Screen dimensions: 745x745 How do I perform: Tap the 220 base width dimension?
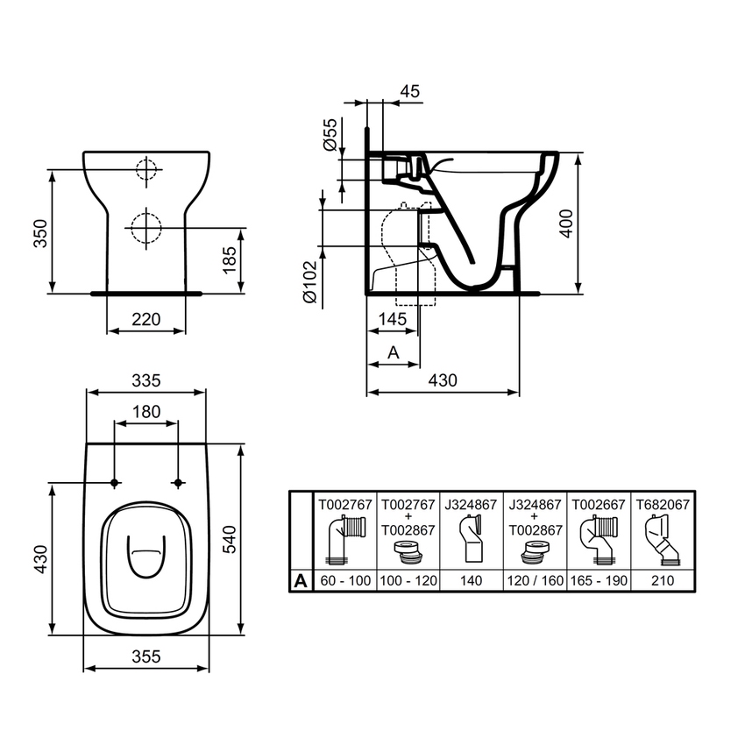[x=146, y=320]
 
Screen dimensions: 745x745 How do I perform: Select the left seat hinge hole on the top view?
[x=115, y=483]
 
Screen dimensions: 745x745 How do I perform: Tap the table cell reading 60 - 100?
[x=345, y=580]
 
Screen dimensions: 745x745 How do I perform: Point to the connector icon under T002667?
[x=599, y=539]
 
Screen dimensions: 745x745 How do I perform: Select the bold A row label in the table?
[x=301, y=580]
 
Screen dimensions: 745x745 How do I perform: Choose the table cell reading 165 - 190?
[x=599, y=580]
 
